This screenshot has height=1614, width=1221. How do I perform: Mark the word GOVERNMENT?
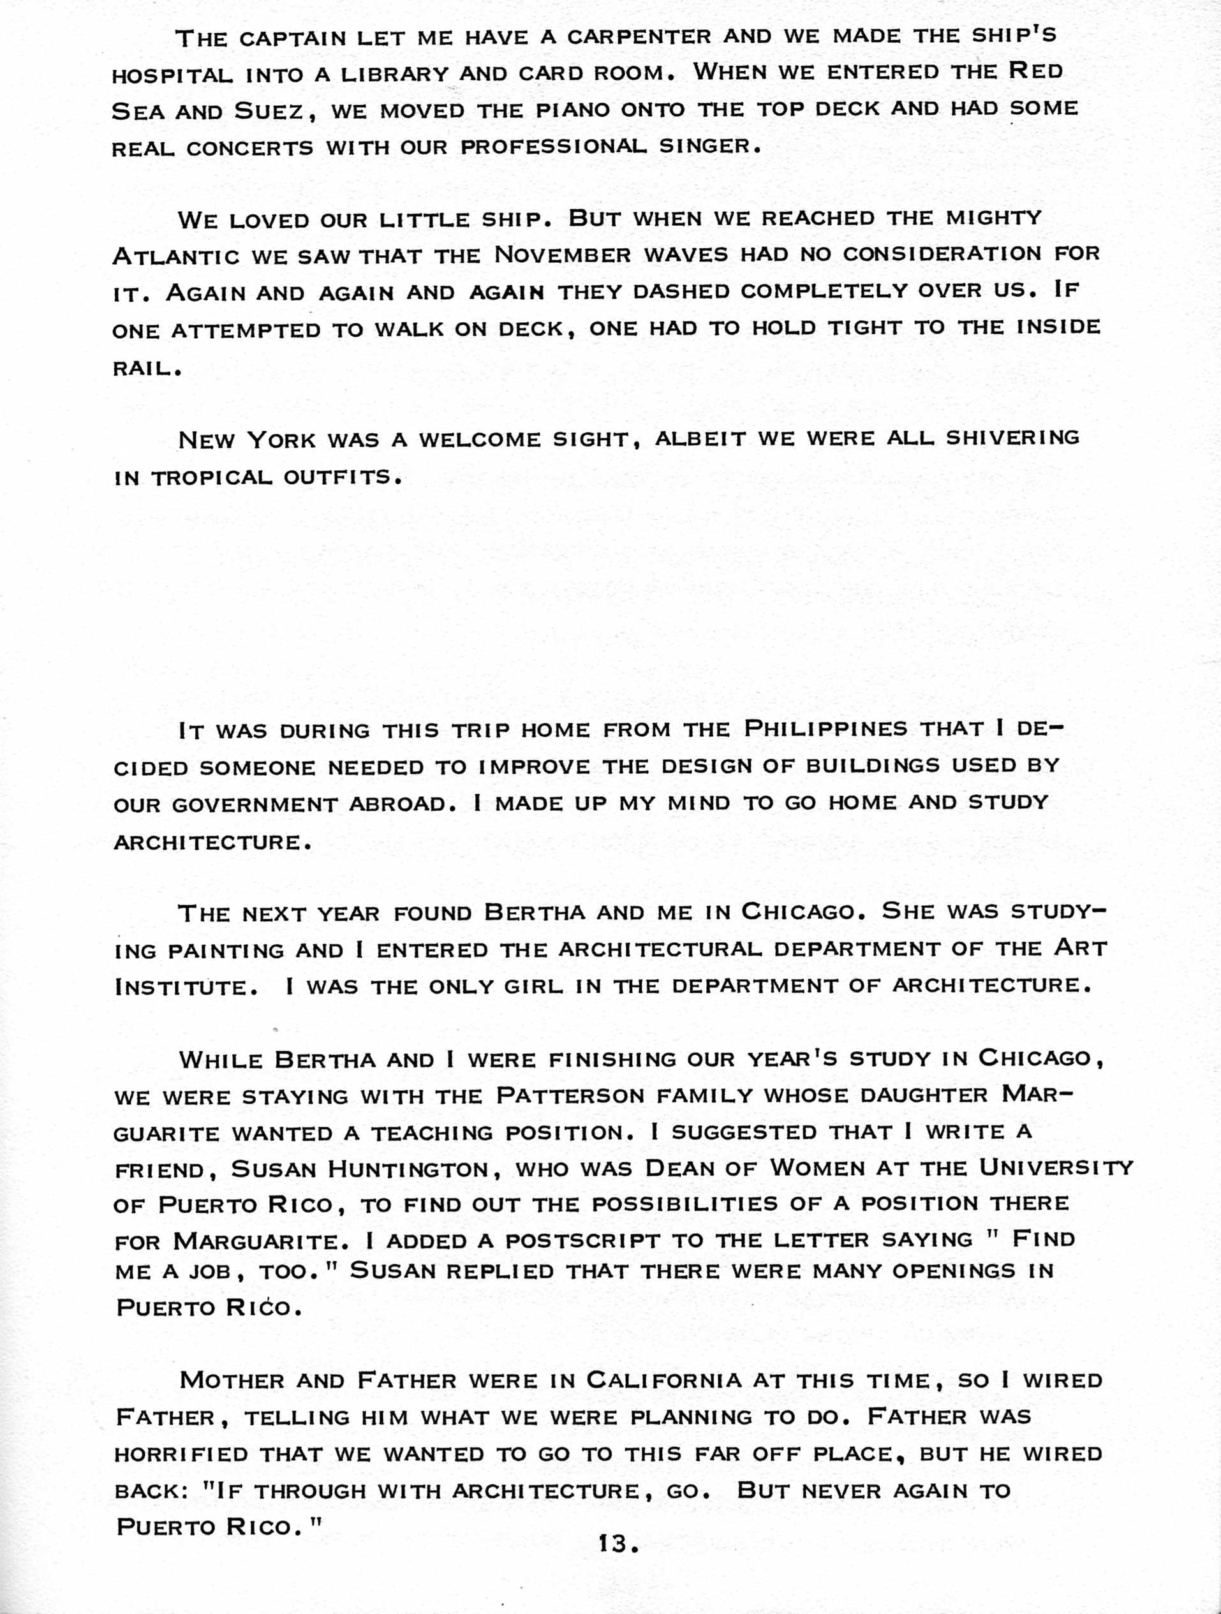pos(254,805)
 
